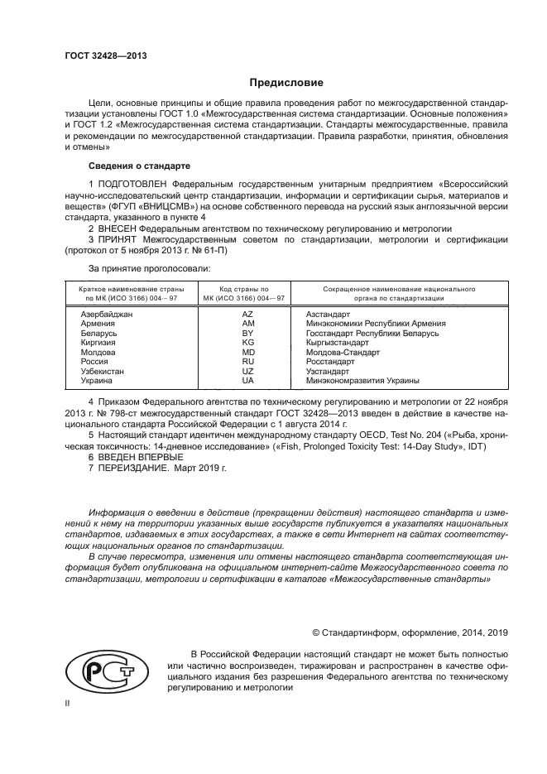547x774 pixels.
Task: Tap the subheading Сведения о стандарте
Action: (x=127, y=166)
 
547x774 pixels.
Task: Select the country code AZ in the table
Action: (x=247, y=315)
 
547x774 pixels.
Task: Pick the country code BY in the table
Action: (x=247, y=333)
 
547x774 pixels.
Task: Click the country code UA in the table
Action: (x=247, y=381)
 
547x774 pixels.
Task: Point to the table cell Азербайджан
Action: (x=107, y=315)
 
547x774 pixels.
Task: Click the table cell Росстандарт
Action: (x=329, y=362)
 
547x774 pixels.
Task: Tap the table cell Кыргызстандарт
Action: (x=338, y=343)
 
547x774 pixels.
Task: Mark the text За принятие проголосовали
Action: (x=149, y=268)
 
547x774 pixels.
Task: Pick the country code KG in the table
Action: (x=247, y=343)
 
